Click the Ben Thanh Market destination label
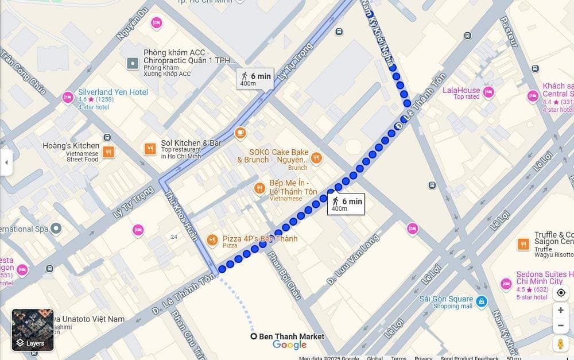click(291, 336)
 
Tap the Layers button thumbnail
click(33, 330)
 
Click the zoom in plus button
click(560, 310)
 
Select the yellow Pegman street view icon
click(560, 343)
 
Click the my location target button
click(560, 293)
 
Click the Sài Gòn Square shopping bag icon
click(481, 300)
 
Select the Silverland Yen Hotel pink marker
click(68, 97)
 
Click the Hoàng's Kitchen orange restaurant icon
click(108, 152)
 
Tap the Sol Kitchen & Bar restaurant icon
click(150, 149)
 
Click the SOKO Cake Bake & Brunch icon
click(316, 157)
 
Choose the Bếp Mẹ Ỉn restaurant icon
click(259, 188)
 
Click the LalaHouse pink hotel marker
click(488, 92)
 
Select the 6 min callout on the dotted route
click(346, 204)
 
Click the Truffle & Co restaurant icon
click(523, 244)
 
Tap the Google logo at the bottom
click(289, 345)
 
